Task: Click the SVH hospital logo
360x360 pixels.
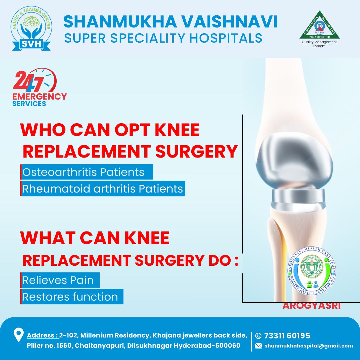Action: point(31,29)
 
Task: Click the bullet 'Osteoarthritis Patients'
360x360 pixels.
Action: point(83,172)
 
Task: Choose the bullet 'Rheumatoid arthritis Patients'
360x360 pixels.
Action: point(103,188)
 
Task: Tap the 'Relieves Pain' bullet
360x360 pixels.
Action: point(58,280)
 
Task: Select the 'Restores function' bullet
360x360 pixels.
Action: point(70,297)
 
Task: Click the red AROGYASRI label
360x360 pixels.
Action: point(311,305)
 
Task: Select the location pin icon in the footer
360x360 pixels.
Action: point(18,335)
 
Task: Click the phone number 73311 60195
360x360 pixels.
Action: point(287,335)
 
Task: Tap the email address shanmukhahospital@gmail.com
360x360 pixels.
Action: point(309,346)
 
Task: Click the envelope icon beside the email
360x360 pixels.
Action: point(258,346)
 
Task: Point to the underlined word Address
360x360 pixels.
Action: point(42,335)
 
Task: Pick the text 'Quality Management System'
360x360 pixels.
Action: point(319,44)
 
